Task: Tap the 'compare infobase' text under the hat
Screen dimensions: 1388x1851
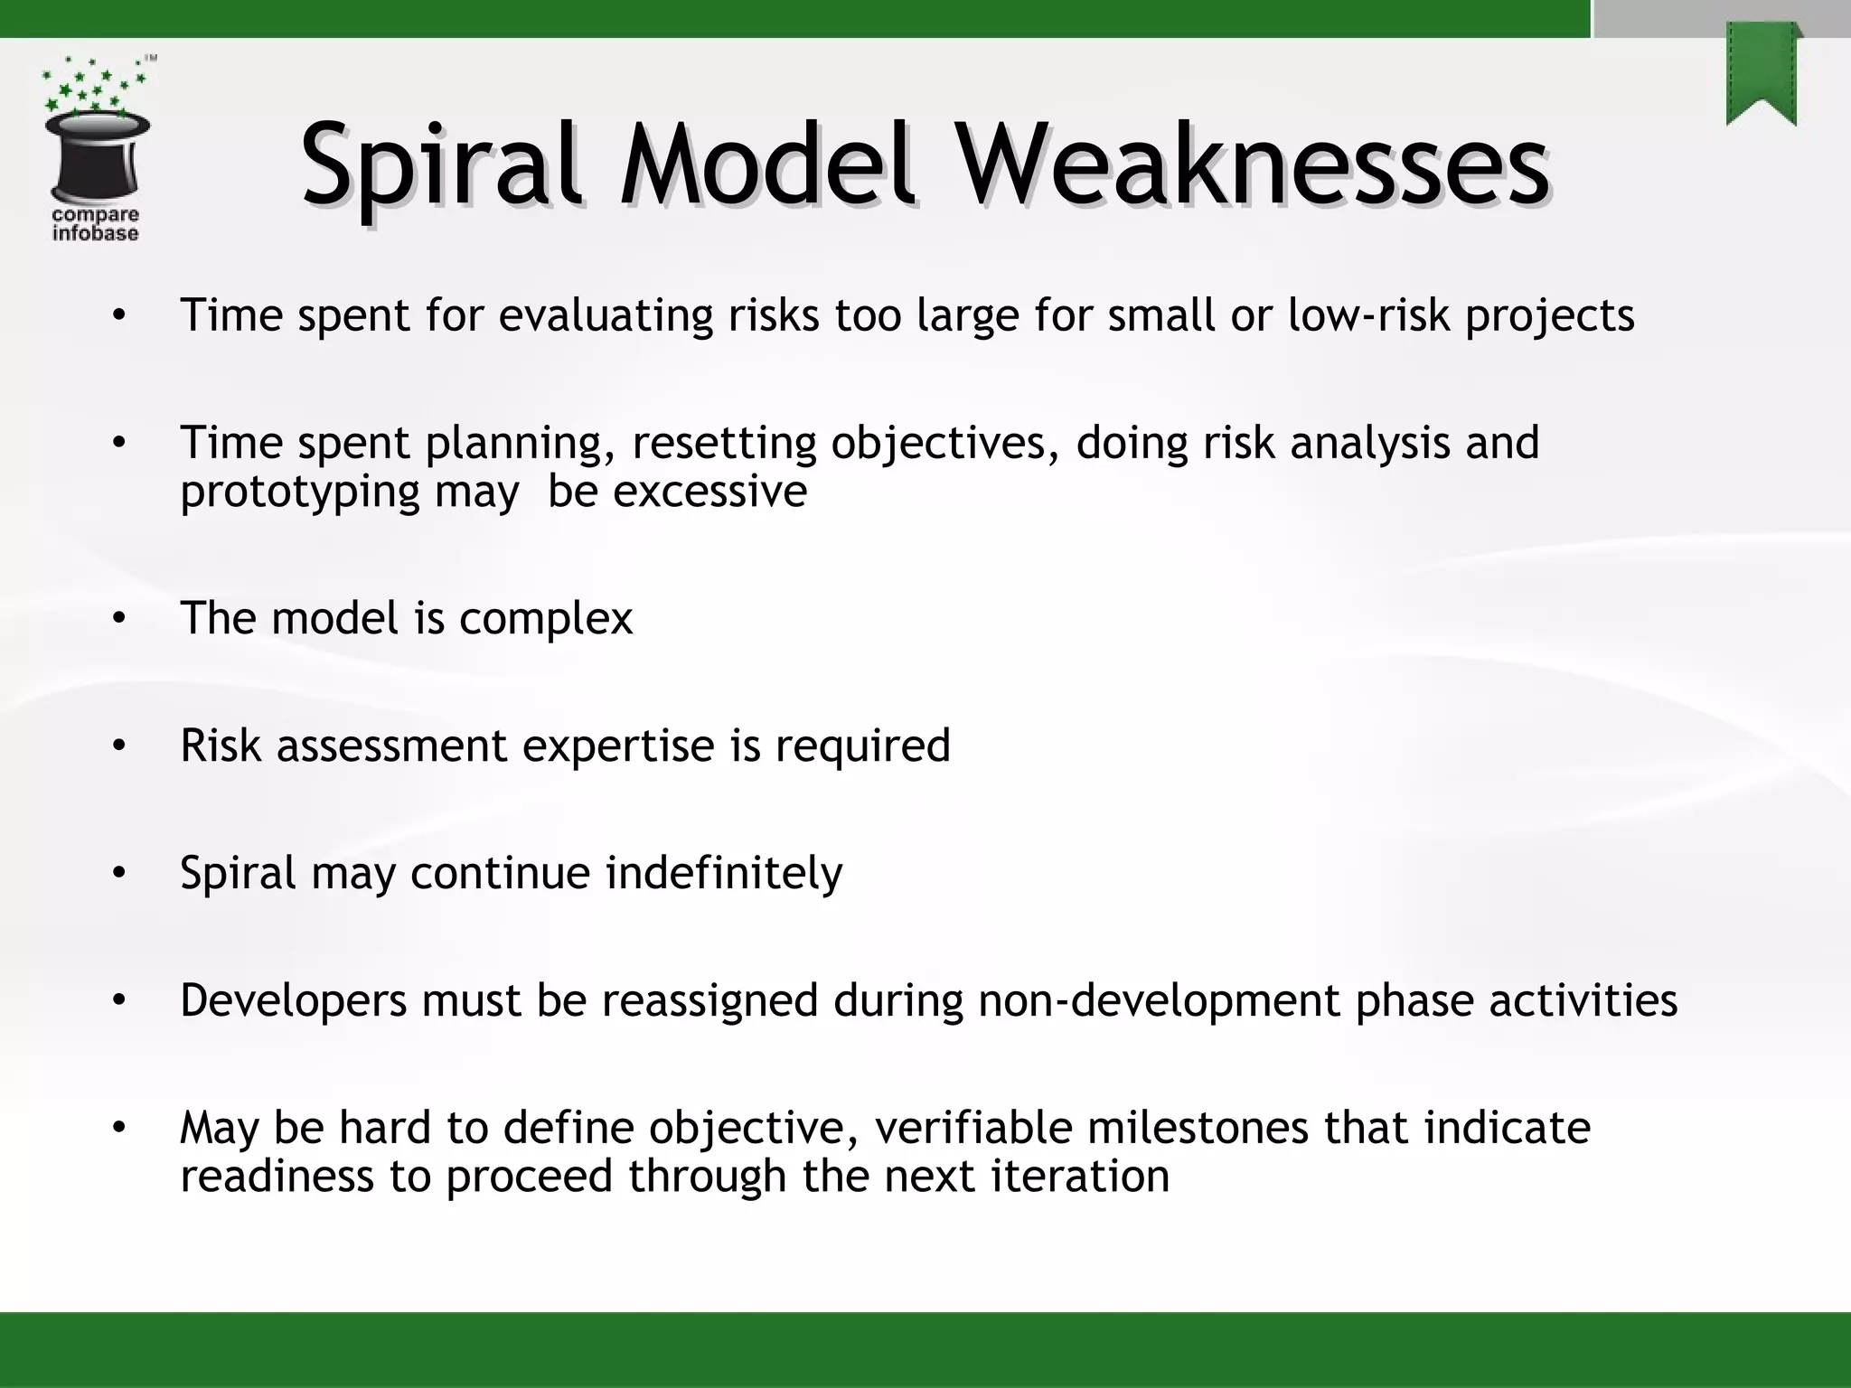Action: click(95, 224)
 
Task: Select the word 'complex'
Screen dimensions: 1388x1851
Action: click(546, 619)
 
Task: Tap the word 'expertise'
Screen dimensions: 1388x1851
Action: click(618, 746)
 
